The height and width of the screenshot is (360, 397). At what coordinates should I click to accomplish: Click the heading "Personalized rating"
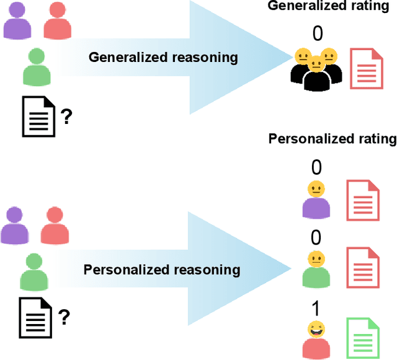tap(332, 139)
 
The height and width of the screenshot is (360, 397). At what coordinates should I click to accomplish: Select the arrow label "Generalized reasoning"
tap(163, 58)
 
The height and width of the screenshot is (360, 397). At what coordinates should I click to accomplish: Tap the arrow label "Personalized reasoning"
tap(162, 270)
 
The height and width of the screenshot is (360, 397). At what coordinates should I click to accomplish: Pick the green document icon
tap(363, 336)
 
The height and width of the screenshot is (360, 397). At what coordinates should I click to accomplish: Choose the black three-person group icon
tap(317, 69)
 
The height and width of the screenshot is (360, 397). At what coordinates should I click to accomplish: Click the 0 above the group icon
tap(318, 33)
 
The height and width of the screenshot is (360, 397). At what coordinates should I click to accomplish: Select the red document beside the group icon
tap(365, 69)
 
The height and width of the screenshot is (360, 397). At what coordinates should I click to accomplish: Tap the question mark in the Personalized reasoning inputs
tap(63, 318)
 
